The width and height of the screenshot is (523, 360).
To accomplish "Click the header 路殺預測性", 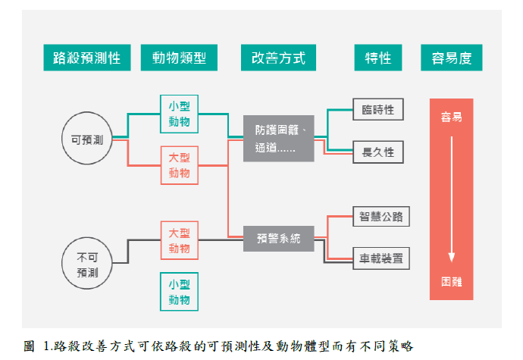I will pos(87,58).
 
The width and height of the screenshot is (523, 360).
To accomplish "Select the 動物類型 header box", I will pos(179,58).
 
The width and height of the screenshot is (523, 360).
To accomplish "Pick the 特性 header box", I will pos(377,58).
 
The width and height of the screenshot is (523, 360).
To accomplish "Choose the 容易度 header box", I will pos(452,58).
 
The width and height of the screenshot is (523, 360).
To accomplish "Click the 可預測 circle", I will pos(88,139).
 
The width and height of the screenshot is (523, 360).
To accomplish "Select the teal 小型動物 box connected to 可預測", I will pos(180,114).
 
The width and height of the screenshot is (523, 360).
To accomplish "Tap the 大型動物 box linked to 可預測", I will pos(180,165).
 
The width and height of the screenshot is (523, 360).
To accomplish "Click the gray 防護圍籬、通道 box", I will pos(278,138).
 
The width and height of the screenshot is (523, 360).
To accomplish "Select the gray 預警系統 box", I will pos(278,239).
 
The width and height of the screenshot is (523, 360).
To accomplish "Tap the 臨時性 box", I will pos(377,110).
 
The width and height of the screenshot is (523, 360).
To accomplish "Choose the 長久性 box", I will pos(377,152).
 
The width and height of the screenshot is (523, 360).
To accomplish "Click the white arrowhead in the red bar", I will pos(452,258).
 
